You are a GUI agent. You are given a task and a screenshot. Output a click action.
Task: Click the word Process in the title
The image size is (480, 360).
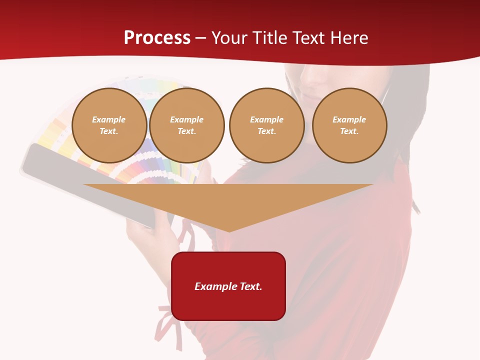157,38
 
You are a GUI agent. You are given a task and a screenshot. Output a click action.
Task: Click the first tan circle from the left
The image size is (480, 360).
109,125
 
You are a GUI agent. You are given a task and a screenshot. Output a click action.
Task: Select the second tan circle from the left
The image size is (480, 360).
186,125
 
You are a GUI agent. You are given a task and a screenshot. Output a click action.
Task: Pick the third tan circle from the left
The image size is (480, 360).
266,125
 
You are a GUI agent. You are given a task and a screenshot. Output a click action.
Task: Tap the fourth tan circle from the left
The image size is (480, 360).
349,125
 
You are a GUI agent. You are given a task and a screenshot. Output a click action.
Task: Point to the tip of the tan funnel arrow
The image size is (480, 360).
229,230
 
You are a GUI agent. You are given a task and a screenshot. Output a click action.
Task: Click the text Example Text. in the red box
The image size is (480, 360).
228,286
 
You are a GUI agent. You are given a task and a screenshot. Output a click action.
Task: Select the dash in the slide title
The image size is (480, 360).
201,38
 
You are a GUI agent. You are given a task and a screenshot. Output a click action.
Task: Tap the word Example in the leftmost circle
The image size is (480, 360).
109,119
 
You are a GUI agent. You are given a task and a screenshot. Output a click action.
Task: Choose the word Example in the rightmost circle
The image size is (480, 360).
349,119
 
